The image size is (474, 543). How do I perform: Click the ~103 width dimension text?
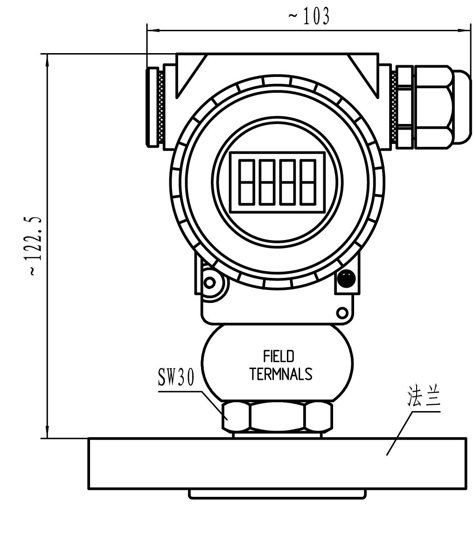point(309,17)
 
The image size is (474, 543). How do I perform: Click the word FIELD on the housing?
point(279,357)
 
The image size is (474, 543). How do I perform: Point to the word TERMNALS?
point(280,374)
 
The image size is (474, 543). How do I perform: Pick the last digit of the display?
point(307,181)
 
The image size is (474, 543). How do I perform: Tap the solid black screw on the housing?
point(346,278)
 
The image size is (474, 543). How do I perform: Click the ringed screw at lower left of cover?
point(210,282)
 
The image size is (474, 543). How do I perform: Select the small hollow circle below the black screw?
point(342,312)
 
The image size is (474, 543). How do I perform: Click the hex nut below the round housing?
point(277,416)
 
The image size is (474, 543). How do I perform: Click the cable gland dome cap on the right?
point(462,106)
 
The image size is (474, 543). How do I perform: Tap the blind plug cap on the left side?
point(152,107)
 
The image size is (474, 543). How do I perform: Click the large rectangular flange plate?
point(277,463)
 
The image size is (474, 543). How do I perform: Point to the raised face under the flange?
point(277,494)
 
